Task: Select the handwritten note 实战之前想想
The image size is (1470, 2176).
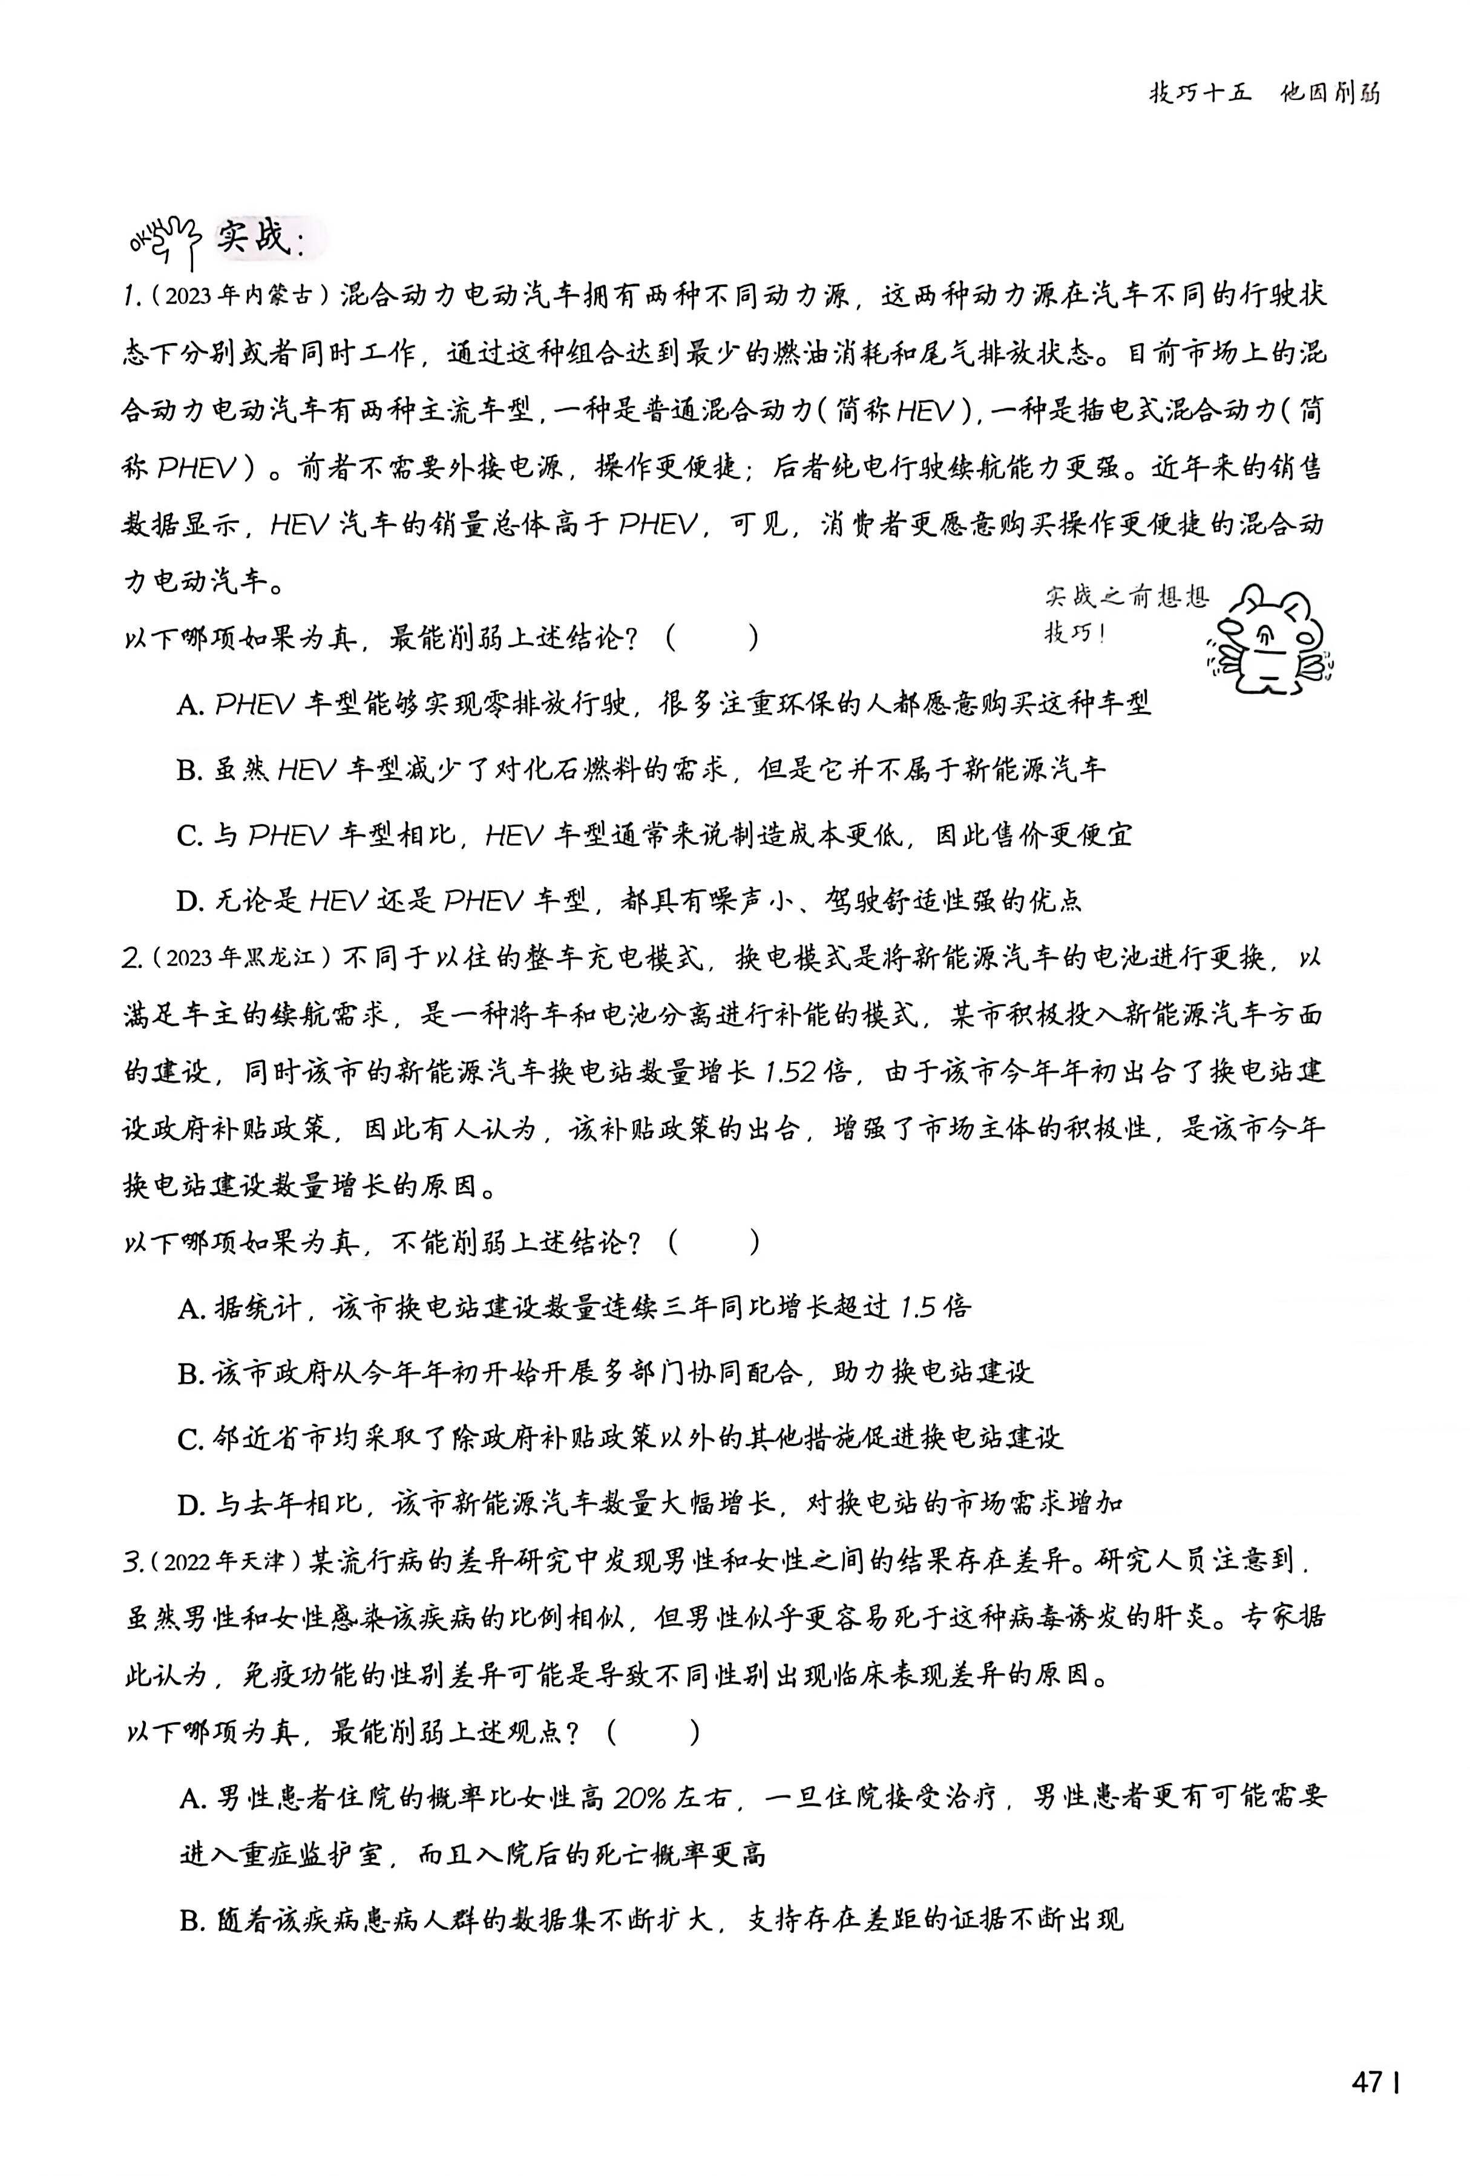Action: pos(1126,595)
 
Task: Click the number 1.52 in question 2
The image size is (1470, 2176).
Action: pos(789,1072)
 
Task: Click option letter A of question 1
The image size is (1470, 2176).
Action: pos(189,705)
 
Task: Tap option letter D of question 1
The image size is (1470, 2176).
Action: pos(189,902)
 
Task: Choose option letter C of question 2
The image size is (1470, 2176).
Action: pos(189,1439)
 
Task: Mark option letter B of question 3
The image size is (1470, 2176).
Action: pos(191,1921)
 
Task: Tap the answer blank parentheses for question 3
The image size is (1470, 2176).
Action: pos(652,1733)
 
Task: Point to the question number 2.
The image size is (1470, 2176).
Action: pos(131,959)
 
